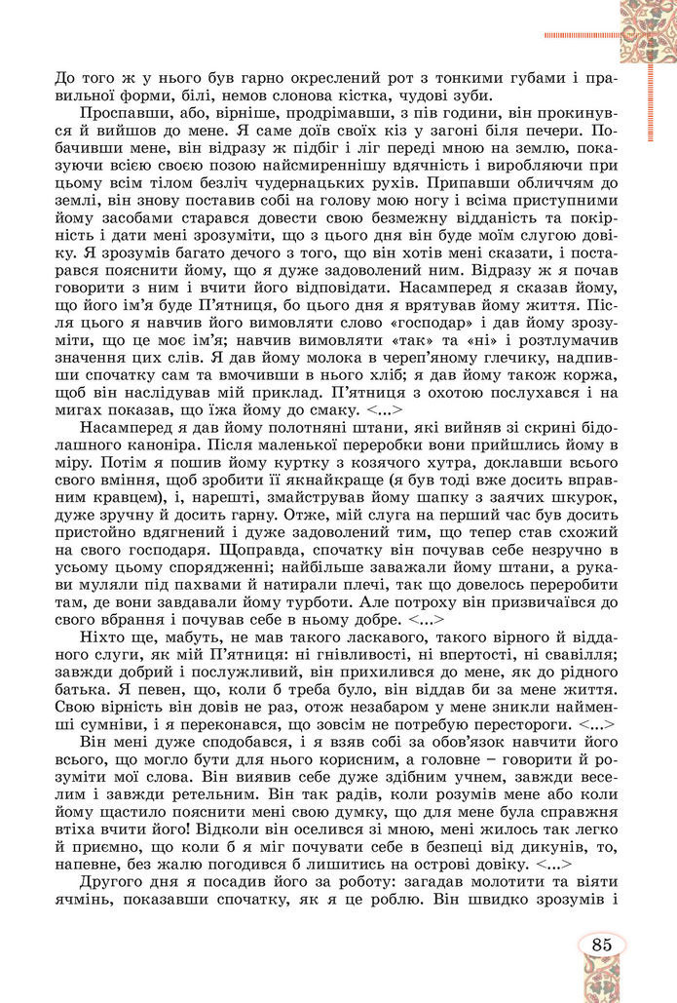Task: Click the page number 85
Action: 600,945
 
